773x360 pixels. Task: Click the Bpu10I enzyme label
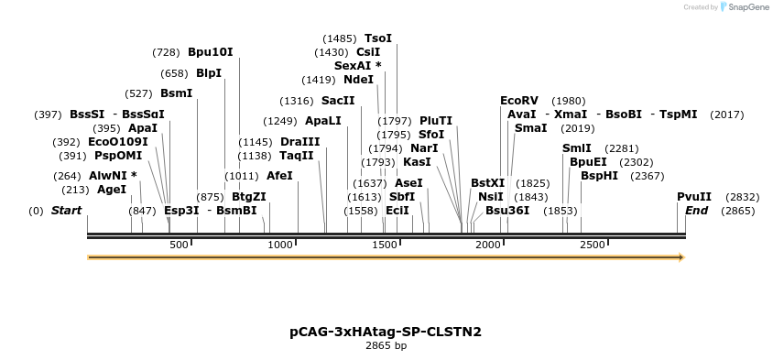click(x=211, y=52)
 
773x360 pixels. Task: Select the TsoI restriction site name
click(x=377, y=38)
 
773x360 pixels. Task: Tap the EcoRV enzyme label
click(x=519, y=101)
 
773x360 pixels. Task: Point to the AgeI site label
click(x=112, y=190)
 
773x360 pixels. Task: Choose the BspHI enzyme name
click(x=599, y=176)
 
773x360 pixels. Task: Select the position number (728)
click(x=166, y=52)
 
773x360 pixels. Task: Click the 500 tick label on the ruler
click(x=179, y=245)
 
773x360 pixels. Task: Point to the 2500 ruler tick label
click(x=593, y=245)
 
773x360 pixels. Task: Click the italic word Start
click(x=66, y=211)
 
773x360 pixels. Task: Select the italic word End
click(x=696, y=211)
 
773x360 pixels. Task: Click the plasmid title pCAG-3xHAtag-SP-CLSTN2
click(x=386, y=332)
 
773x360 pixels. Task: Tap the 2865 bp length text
click(x=386, y=346)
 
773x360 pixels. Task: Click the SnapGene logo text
click(x=747, y=7)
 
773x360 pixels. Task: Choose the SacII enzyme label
click(x=338, y=101)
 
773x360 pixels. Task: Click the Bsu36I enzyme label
click(x=507, y=211)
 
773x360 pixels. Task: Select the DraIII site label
click(x=300, y=142)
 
